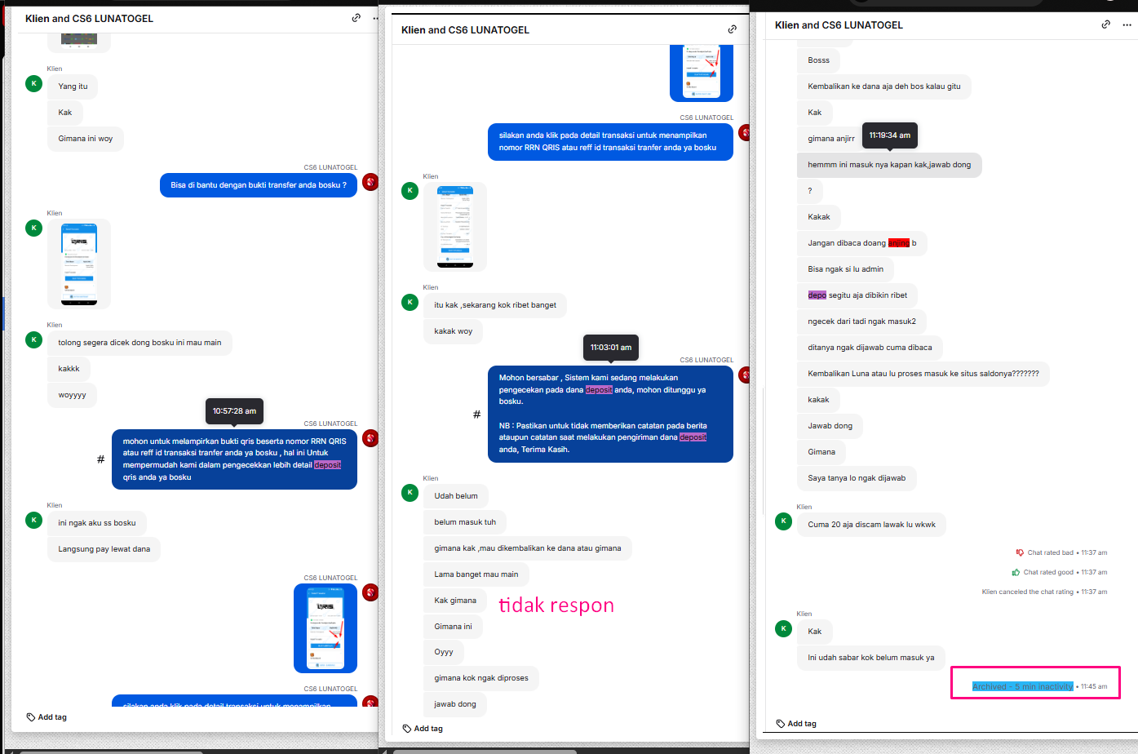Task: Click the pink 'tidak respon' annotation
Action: [556, 605]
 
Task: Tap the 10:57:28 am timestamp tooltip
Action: [234, 411]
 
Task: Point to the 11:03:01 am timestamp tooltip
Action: [611, 348]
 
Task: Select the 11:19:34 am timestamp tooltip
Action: [889, 135]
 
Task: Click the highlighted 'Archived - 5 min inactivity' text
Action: [1022, 686]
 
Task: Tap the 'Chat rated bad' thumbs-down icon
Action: [1019, 552]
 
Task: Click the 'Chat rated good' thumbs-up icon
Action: [1016, 572]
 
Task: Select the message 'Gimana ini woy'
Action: [86, 139]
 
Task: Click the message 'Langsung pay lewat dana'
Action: [104, 549]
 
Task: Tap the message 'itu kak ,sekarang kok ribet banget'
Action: [495, 305]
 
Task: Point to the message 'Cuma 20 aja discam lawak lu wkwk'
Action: [871, 525]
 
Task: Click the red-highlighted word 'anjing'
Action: [898, 243]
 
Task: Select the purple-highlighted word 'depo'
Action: [817, 295]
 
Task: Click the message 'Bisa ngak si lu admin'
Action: [845, 269]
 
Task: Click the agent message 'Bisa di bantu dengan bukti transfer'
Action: [259, 185]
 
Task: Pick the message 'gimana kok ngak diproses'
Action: [481, 678]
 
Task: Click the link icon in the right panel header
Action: [1105, 24]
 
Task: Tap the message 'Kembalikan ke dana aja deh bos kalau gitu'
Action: [883, 86]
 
